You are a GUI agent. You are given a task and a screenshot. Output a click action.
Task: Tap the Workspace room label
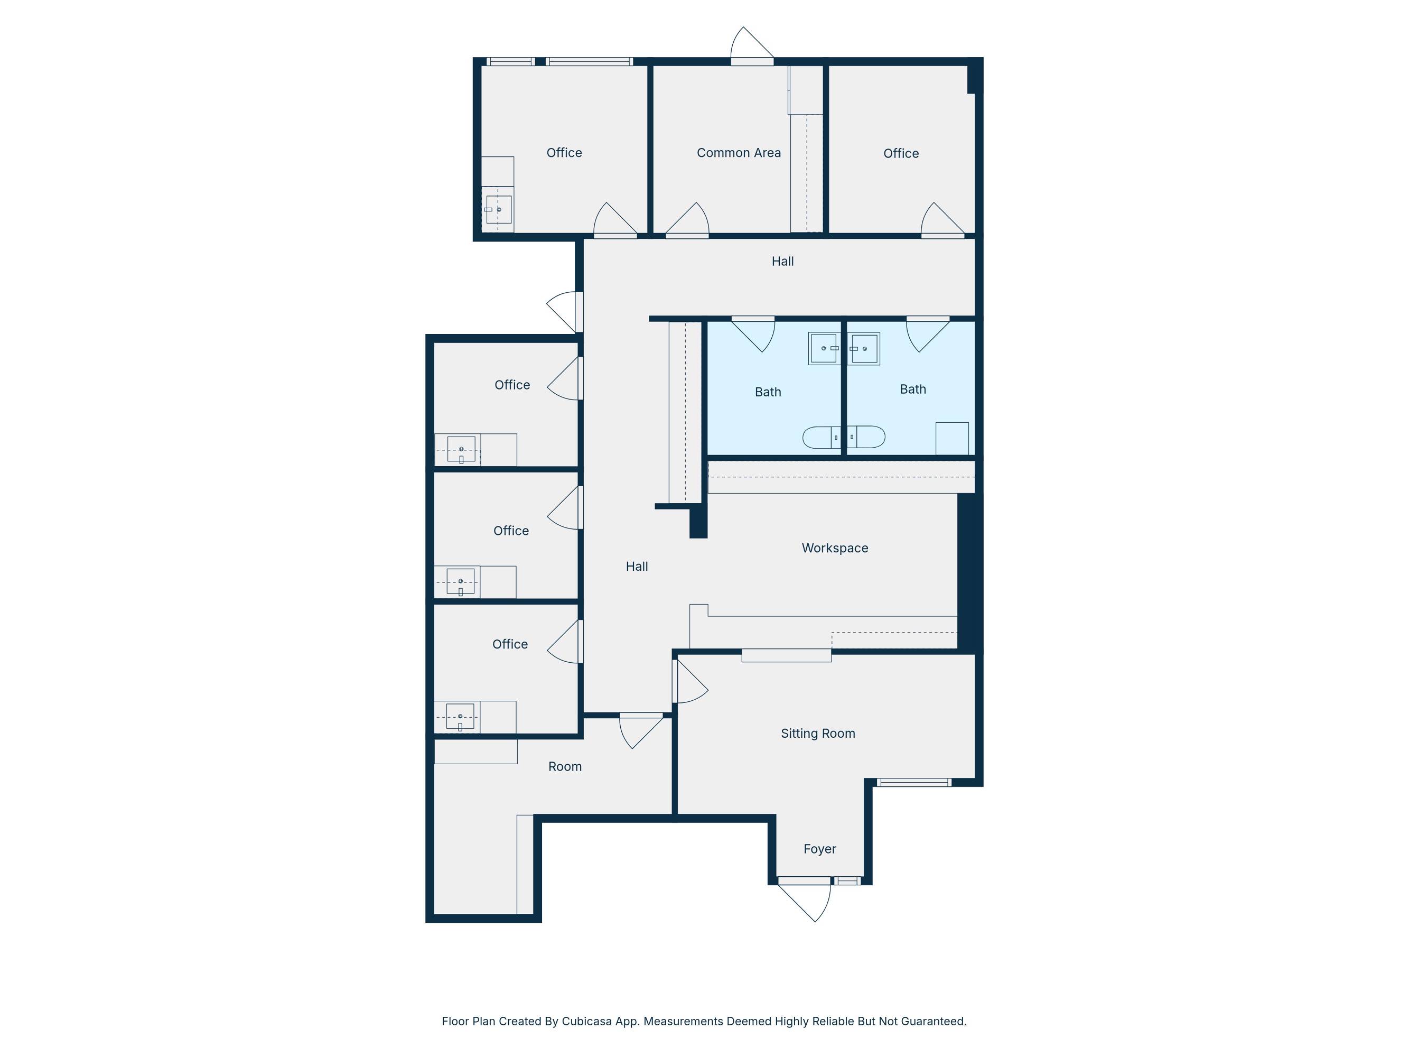(x=834, y=548)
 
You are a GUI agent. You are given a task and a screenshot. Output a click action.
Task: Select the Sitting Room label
(x=818, y=734)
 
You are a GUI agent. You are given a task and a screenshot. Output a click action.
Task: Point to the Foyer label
(x=819, y=849)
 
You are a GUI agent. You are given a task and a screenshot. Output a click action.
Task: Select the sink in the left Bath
(x=824, y=348)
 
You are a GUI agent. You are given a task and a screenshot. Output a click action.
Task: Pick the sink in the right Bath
(x=864, y=348)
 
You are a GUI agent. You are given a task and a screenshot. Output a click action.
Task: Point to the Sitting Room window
(x=913, y=782)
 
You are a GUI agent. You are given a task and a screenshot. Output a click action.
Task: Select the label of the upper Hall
(x=782, y=261)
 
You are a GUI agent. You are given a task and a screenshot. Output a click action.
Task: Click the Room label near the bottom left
(x=564, y=766)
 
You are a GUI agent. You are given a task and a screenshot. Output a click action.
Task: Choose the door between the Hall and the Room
(x=641, y=731)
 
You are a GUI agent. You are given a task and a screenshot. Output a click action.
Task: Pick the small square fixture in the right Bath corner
(x=951, y=438)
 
